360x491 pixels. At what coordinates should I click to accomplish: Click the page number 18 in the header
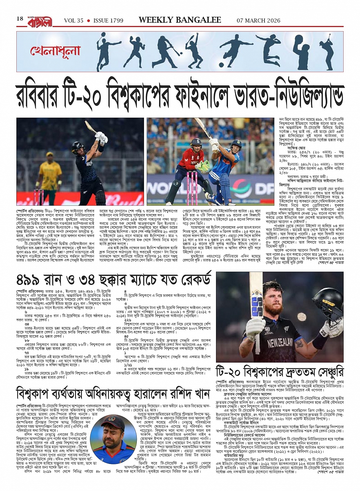20,19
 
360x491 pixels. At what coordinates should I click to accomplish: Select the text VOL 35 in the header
74,21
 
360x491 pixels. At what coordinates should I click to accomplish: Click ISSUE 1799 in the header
108,21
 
